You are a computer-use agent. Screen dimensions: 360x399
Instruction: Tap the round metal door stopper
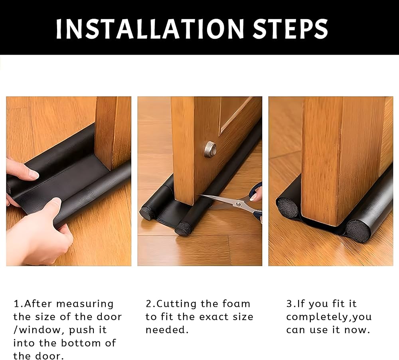point(210,149)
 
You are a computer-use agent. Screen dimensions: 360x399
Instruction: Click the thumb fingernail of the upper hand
point(33,174)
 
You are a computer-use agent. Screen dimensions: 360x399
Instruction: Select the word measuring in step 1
point(85,304)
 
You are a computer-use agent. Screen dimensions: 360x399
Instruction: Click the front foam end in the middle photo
point(184,229)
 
